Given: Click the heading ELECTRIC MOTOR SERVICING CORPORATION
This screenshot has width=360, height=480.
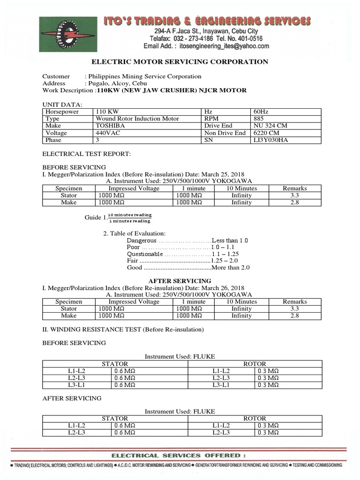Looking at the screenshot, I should [180, 62].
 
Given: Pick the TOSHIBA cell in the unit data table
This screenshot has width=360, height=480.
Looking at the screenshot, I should [110, 126].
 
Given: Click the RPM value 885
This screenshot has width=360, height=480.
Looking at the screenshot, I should [259, 119].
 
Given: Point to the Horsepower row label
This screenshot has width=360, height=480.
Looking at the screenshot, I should [62, 112].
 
